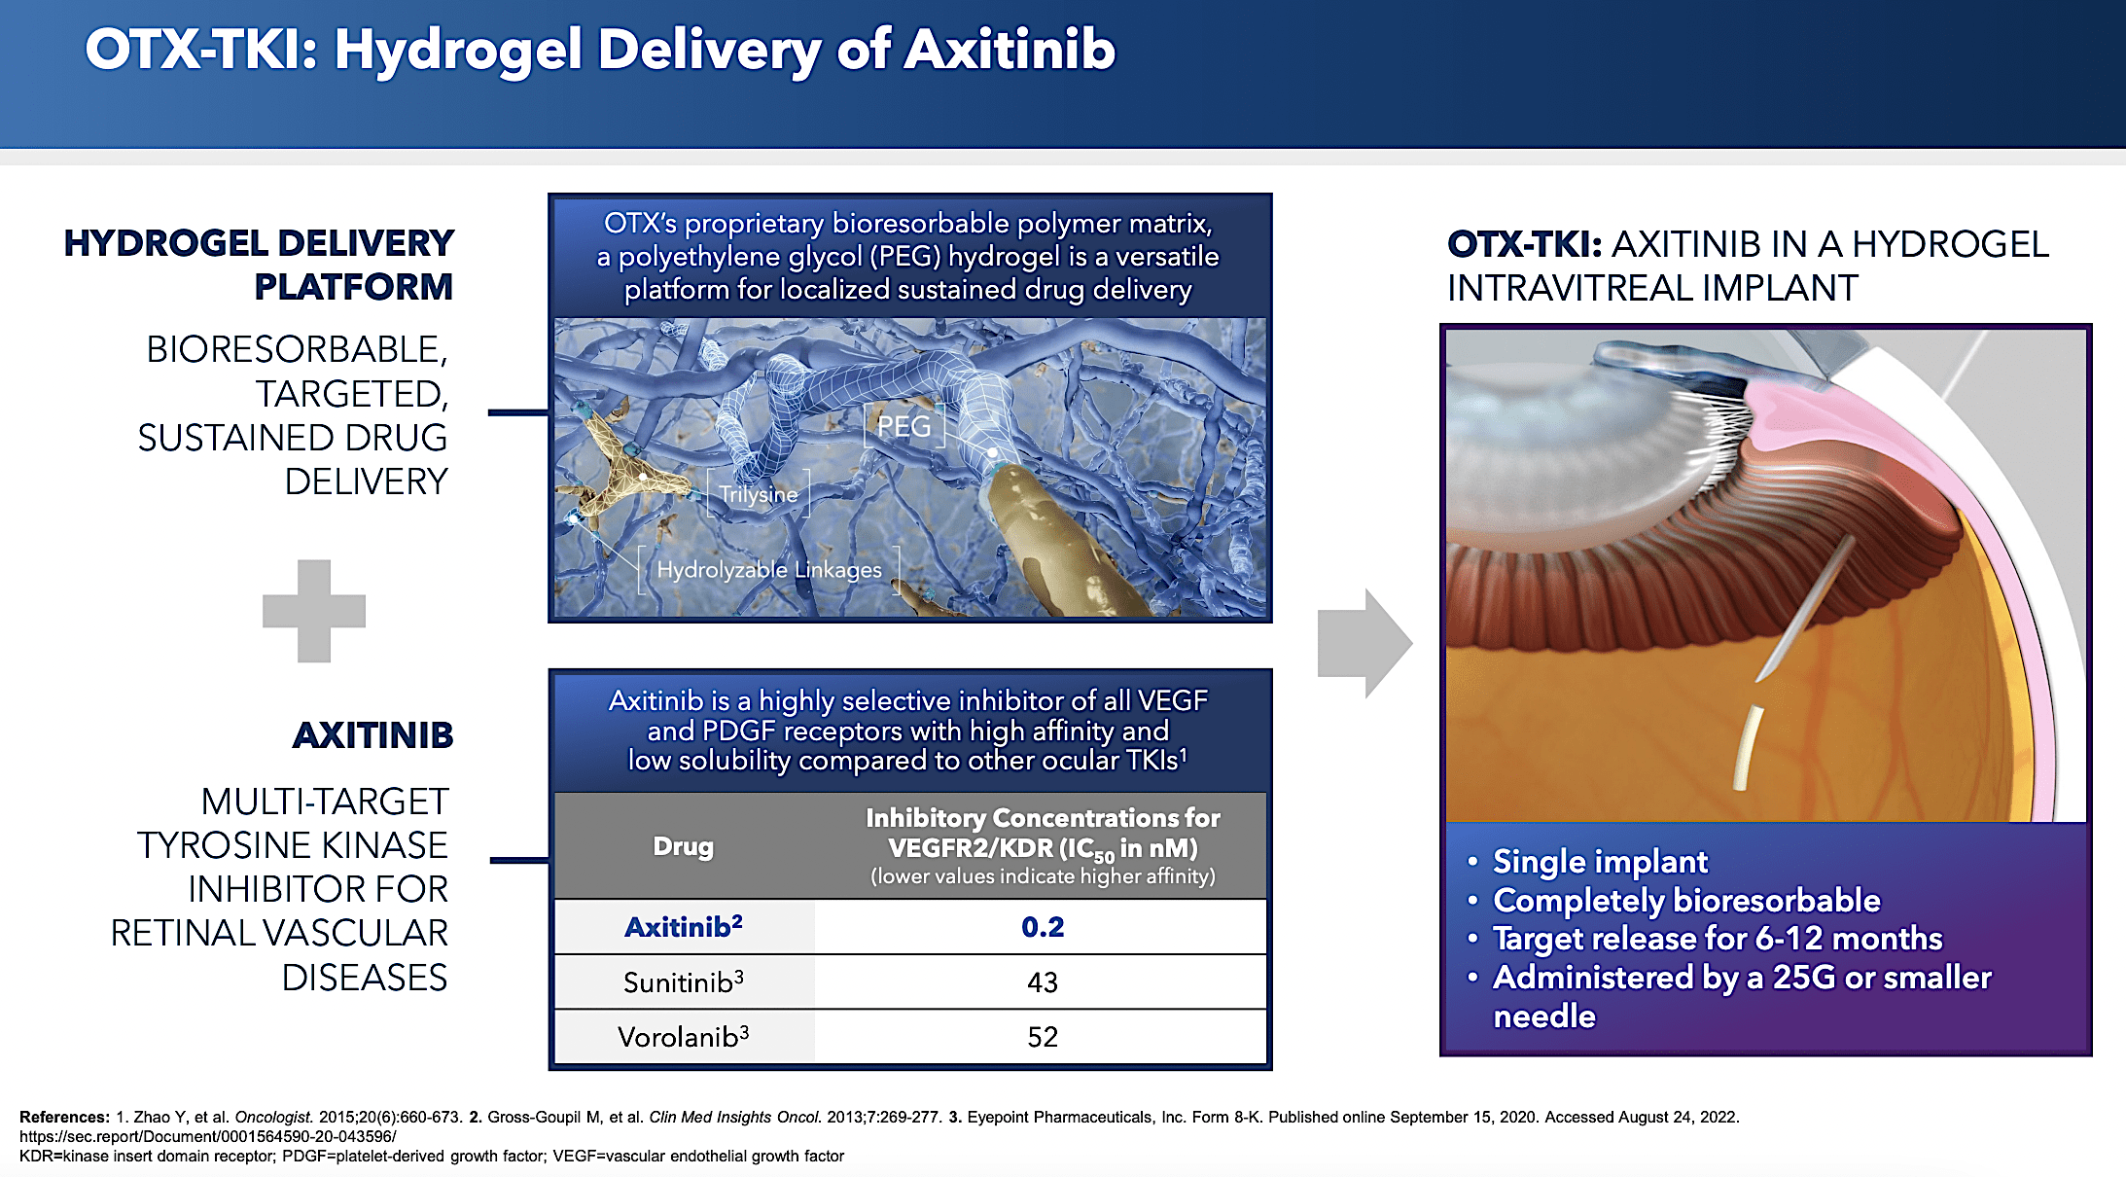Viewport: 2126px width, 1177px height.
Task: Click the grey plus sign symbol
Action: (x=313, y=611)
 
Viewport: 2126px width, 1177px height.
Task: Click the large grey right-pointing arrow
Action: (x=1363, y=643)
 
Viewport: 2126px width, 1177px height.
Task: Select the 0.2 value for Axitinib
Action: (x=1042, y=927)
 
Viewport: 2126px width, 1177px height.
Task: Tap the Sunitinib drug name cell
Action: (x=683, y=982)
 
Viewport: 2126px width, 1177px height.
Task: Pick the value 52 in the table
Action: (x=1042, y=1037)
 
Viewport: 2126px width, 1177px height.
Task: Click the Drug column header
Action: (x=683, y=846)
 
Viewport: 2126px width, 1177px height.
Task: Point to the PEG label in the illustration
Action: (x=904, y=426)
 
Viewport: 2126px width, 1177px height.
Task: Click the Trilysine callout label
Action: (x=759, y=494)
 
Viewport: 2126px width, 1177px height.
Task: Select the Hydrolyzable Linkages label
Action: (x=768, y=570)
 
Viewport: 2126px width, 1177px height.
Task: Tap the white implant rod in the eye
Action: (x=1748, y=747)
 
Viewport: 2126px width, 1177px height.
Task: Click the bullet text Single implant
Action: (x=1600, y=862)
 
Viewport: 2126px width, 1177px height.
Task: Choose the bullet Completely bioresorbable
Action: (x=1685, y=901)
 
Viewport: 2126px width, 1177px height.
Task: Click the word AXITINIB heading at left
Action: (x=373, y=735)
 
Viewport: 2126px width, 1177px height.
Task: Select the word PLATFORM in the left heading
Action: (x=353, y=287)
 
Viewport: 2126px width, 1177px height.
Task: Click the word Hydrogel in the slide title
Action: (x=458, y=51)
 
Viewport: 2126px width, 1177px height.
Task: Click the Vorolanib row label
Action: (x=683, y=1037)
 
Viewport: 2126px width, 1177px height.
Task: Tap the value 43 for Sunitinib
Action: (x=1042, y=982)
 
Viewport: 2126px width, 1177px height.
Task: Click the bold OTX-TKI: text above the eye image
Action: (x=1523, y=244)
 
